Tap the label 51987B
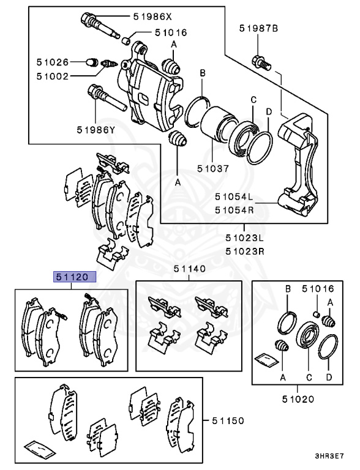tap(258, 28)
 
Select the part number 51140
tap(189, 269)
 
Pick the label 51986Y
tap(96, 129)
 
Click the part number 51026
tap(51, 62)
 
